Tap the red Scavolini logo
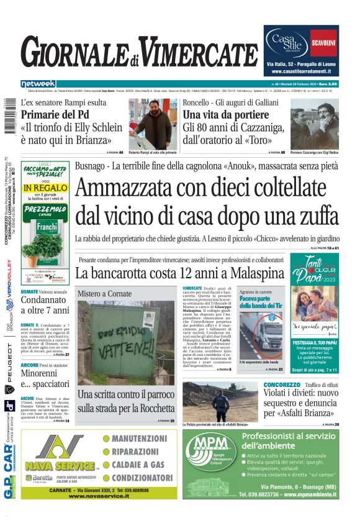(323, 43)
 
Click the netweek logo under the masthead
(38, 83)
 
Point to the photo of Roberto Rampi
(153, 122)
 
